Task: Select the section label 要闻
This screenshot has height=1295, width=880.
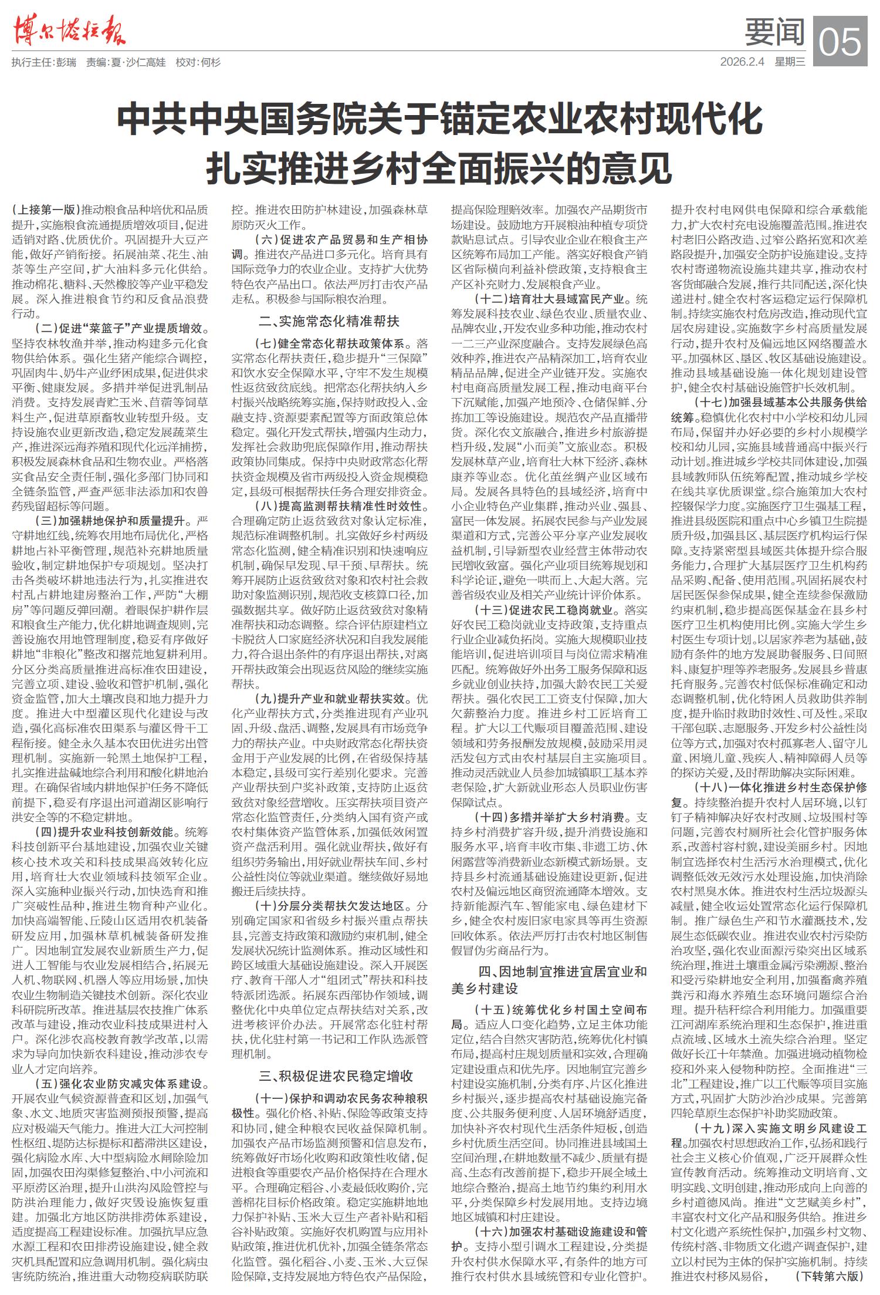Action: tap(774, 32)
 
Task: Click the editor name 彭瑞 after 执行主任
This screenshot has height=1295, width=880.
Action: tap(65, 62)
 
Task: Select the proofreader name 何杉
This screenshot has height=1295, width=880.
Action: tap(210, 62)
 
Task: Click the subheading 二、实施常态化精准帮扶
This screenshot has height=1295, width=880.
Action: tap(329, 321)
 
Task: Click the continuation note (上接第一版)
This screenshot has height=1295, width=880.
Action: tap(46, 210)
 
